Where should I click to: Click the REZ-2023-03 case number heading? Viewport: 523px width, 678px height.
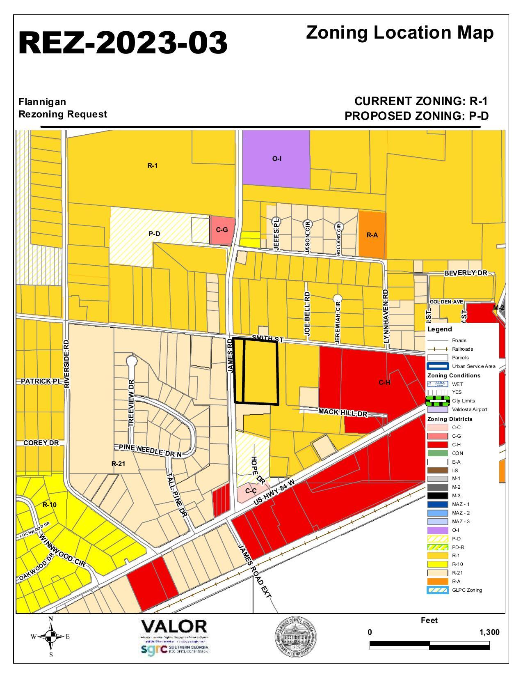click(x=123, y=43)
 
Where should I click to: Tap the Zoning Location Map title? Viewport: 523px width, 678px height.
click(x=400, y=33)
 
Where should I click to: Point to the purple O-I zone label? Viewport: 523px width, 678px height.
click(x=277, y=159)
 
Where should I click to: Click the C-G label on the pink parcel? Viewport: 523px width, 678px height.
click(x=222, y=230)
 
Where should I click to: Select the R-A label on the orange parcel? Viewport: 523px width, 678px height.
click(x=372, y=235)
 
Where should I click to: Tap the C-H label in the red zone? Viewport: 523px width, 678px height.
click(x=384, y=383)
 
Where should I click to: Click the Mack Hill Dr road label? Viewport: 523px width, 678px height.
click(x=343, y=412)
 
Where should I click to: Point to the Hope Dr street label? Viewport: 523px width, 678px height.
click(x=257, y=469)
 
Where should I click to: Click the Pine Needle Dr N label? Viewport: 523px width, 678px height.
click(x=150, y=450)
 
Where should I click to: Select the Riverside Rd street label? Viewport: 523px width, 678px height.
click(x=67, y=363)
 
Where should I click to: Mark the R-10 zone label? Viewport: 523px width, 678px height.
click(x=50, y=505)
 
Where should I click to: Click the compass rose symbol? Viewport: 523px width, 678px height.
click(x=51, y=637)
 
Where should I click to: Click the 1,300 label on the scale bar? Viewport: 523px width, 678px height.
click(x=489, y=632)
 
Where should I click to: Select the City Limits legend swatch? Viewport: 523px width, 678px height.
click(x=438, y=401)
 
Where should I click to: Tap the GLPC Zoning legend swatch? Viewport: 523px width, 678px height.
click(x=438, y=591)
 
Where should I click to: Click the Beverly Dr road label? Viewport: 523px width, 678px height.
click(x=466, y=273)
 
